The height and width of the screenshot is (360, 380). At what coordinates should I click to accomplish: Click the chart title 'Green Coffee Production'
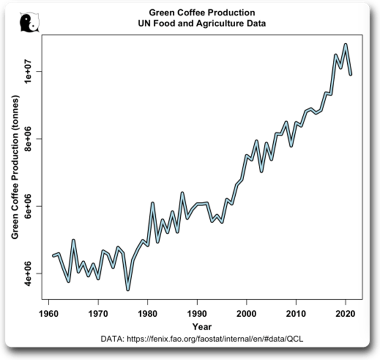click(x=202, y=13)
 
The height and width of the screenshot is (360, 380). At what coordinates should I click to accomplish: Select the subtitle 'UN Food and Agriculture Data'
click(x=202, y=23)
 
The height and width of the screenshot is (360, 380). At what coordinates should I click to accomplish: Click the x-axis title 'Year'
click(x=202, y=326)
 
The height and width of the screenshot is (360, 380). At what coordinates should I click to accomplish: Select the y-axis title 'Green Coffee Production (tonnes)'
click(x=15, y=167)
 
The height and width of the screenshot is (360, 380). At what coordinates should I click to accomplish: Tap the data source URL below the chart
click(x=202, y=339)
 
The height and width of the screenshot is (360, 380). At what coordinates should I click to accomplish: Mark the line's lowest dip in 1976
click(x=128, y=289)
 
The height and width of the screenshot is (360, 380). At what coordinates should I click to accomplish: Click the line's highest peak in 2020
click(x=346, y=44)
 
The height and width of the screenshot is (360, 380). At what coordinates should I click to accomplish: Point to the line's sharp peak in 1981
click(x=152, y=203)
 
